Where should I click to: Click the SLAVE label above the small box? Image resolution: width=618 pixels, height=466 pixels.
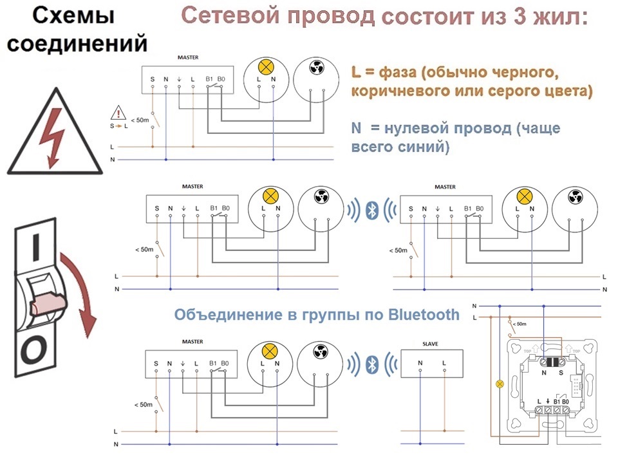(430, 344)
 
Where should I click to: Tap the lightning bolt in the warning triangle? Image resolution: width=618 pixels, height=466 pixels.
(51, 136)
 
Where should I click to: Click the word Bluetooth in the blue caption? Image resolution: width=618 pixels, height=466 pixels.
(424, 315)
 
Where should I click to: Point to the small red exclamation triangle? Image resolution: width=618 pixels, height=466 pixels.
(118, 113)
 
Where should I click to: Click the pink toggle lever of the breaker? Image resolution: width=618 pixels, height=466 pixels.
(47, 303)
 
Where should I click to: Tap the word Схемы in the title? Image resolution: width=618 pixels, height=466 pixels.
(73, 15)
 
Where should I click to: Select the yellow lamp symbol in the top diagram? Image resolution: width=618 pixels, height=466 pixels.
(266, 67)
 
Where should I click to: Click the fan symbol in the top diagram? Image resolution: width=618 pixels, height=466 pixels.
(317, 68)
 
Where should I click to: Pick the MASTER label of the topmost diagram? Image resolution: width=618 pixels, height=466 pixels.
(188, 57)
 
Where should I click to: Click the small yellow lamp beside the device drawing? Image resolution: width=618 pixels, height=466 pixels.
(500, 383)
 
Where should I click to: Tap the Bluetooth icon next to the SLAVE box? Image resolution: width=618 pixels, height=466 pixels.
(371, 364)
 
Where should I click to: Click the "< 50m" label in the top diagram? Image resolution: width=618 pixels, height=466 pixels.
(140, 120)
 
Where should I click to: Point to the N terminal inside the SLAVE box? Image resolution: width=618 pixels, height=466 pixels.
(420, 363)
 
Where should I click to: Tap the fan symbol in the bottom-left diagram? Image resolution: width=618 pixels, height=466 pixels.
(320, 351)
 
